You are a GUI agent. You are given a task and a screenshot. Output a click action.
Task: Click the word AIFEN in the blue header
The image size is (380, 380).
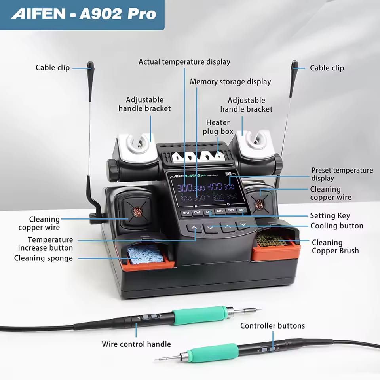38,14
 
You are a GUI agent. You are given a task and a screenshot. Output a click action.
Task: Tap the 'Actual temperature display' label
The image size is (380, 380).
184,62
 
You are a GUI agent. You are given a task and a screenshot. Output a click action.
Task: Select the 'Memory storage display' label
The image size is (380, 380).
230,82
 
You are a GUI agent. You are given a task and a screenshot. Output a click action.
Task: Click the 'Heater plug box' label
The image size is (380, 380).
218,127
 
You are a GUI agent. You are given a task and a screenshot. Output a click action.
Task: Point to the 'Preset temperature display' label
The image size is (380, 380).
342,174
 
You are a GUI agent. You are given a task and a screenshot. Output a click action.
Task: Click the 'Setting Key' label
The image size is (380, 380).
330,216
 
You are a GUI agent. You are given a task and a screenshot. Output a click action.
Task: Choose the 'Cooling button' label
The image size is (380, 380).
336,226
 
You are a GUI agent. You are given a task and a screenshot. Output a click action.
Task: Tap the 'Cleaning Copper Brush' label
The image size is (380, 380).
335,246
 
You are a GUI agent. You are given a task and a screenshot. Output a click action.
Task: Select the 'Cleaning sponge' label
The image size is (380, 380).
44,258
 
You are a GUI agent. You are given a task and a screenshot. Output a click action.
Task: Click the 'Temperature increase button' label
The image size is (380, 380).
46,244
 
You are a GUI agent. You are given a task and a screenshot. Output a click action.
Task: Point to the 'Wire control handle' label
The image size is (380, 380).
136,344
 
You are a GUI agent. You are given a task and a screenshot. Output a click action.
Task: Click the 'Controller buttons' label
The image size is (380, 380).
272,326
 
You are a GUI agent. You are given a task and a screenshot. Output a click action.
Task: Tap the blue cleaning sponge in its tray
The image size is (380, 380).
145,254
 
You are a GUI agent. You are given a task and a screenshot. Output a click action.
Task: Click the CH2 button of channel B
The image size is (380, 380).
231,211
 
